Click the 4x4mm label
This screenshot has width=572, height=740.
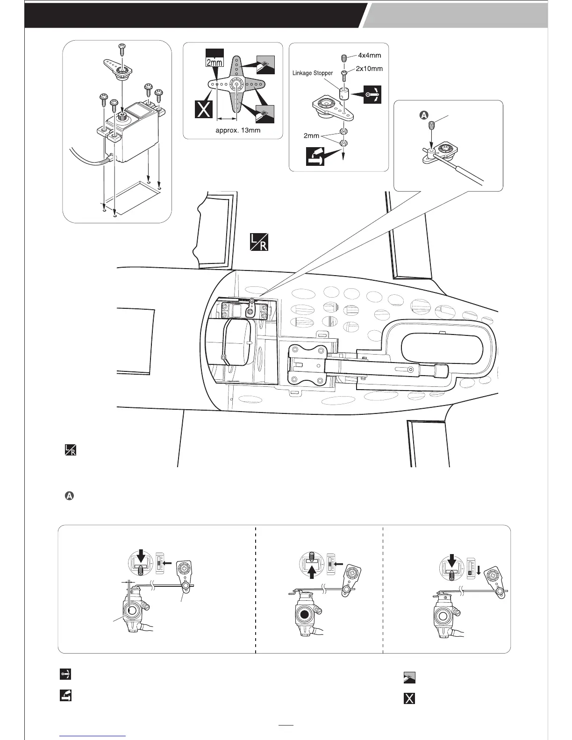369,55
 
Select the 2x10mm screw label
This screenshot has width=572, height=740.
369,69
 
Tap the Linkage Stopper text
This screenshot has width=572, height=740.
313,73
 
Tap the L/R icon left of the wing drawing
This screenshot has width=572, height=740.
70,450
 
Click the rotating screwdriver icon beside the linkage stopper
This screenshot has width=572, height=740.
372,95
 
